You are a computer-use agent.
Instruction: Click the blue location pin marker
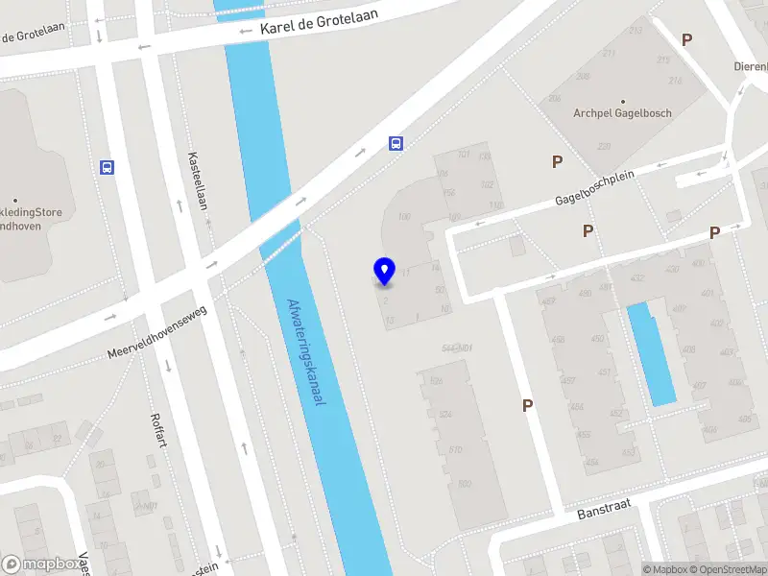pos(384,272)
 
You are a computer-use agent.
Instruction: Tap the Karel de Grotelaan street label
pos(320,22)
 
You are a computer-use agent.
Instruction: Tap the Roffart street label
pos(159,431)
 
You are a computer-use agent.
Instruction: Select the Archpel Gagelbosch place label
pos(622,113)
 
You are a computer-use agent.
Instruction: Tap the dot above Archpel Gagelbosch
pos(622,101)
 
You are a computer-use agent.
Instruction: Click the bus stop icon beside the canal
pos(395,144)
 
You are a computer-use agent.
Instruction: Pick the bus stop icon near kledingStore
pos(107,167)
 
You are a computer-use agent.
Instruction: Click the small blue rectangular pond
pos(651,353)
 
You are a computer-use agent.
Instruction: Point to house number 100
pos(403,217)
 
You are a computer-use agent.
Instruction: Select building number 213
pos(636,31)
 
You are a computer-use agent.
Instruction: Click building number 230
pos(603,146)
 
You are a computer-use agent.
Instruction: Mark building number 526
pos(436,382)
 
